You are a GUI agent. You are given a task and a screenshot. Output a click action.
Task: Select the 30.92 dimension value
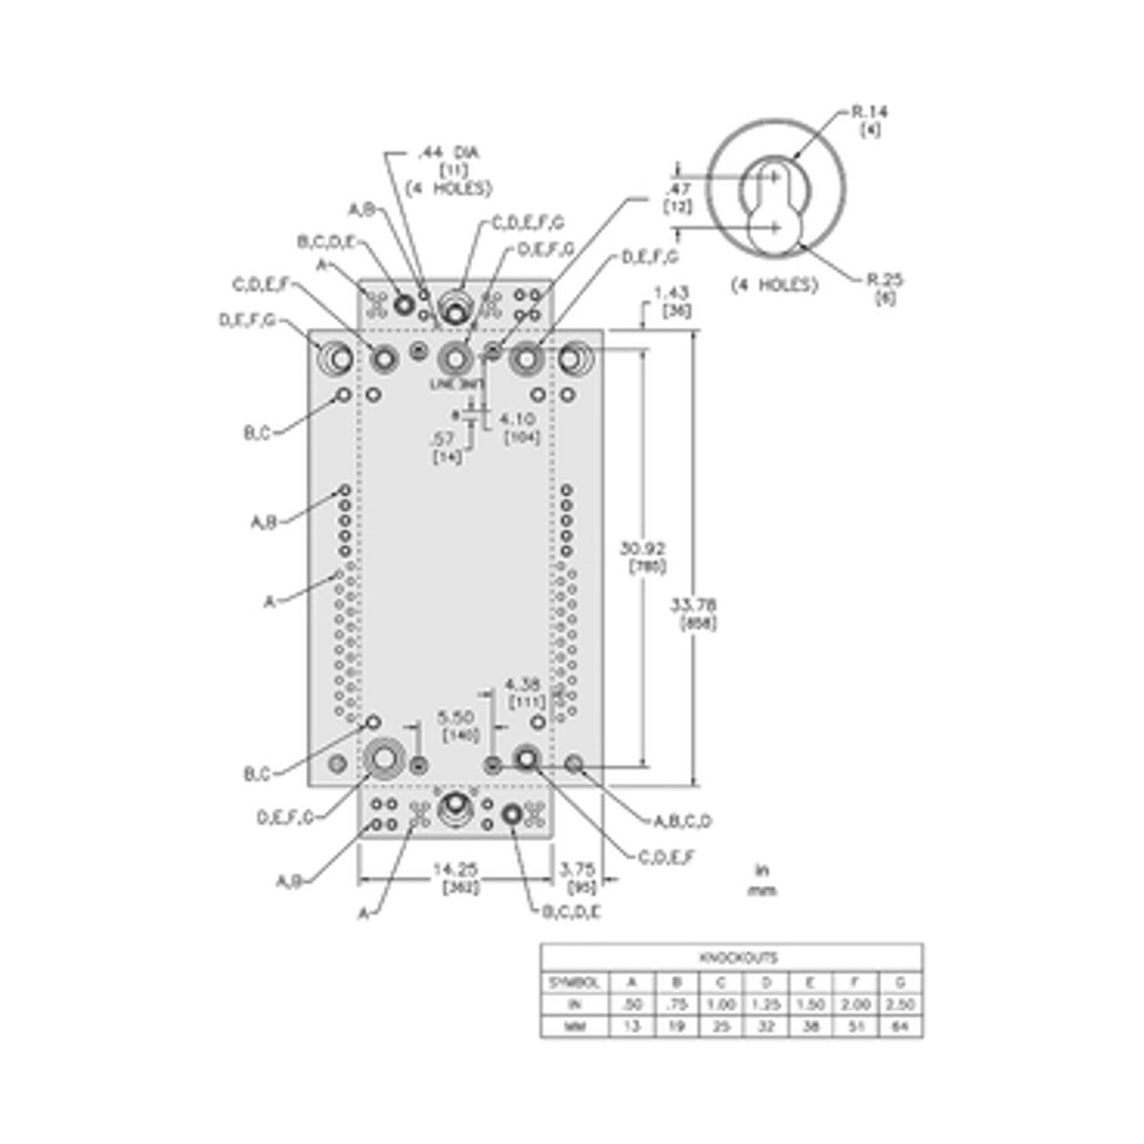pyautogui.click(x=643, y=549)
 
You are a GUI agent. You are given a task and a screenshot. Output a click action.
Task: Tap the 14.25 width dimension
pyautogui.click(x=455, y=869)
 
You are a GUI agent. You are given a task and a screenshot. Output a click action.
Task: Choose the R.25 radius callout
pyautogui.click(x=884, y=280)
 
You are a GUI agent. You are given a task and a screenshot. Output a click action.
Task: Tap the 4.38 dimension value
pyautogui.click(x=523, y=684)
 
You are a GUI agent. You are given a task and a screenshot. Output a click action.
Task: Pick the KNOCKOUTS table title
pyautogui.click(x=731, y=957)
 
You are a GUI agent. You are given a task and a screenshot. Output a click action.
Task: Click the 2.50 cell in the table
pyautogui.click(x=900, y=1005)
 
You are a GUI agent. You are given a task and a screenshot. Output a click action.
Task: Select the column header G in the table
pyautogui.click(x=900, y=982)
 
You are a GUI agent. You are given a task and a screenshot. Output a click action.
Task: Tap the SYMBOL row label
pyautogui.click(x=574, y=982)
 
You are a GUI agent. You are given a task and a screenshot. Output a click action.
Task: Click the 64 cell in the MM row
pyautogui.click(x=900, y=1028)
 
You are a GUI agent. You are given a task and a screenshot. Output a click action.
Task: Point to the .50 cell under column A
pyautogui.click(x=630, y=1005)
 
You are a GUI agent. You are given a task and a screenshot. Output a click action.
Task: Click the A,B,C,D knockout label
pyautogui.click(x=683, y=821)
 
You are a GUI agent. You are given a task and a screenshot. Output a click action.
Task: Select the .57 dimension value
pyautogui.click(x=442, y=439)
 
